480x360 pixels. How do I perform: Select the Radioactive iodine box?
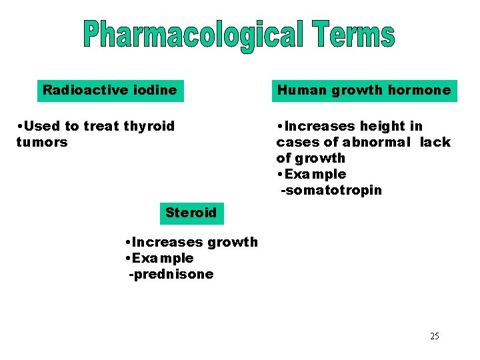click(110, 90)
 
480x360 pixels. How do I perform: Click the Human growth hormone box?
click(364, 90)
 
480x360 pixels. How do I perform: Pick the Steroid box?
click(191, 213)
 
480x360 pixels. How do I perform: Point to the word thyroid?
click(149, 127)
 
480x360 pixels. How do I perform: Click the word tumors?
click(41, 142)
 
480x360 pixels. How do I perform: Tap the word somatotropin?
click(333, 191)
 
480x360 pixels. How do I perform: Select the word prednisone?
click(173, 274)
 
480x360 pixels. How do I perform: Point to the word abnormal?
click(377, 142)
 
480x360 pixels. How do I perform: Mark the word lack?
click(435, 142)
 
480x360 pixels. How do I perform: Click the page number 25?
click(434, 336)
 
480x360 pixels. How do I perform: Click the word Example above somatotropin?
click(315, 174)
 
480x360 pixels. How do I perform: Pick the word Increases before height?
click(321, 127)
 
